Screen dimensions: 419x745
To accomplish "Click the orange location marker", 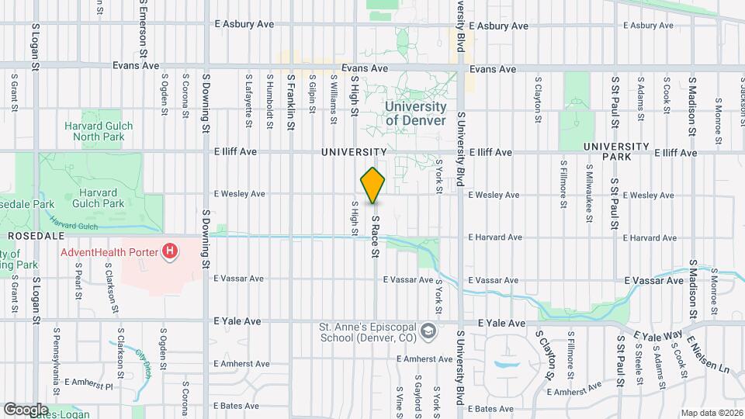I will pyautogui.click(x=373, y=185).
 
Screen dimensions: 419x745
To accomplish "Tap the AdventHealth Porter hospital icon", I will pyautogui.click(x=168, y=251).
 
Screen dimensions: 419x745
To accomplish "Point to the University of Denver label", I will pyautogui.click(x=416, y=113).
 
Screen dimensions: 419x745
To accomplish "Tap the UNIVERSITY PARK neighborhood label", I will pyautogui.click(x=616, y=151).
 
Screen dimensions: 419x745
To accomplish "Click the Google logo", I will pyautogui.click(x=26, y=409).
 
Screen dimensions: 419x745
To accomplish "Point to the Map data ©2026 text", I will pyautogui.click(x=712, y=413).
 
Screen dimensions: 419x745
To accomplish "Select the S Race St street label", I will pyautogui.click(x=375, y=237).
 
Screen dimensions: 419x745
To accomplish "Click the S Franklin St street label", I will pyautogui.click(x=290, y=96).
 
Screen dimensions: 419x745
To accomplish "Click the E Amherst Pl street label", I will pyautogui.click(x=88, y=383).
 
